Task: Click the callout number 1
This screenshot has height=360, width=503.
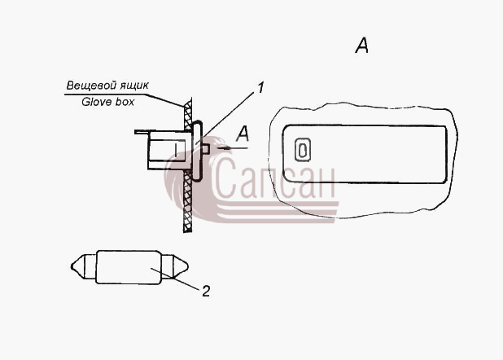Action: (x=260, y=88)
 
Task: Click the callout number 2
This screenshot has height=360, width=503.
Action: (x=206, y=291)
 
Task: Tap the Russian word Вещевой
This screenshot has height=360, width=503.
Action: (x=91, y=86)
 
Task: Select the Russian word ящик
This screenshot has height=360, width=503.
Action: (x=133, y=86)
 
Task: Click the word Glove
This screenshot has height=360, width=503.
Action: (x=95, y=102)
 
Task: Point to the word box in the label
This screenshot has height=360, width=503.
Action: (x=123, y=102)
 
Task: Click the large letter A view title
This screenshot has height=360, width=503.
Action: (x=362, y=46)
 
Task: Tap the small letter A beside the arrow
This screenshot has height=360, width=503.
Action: (x=243, y=134)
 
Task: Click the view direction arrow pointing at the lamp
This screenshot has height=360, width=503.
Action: (x=232, y=148)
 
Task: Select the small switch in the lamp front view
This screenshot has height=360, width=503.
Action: (x=303, y=150)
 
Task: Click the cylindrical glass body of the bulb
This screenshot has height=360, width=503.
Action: (x=129, y=267)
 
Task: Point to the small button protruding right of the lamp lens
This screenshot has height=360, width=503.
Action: (x=206, y=149)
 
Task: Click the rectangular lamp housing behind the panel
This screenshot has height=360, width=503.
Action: (x=167, y=150)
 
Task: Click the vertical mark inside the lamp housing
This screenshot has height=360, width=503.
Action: (x=176, y=150)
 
